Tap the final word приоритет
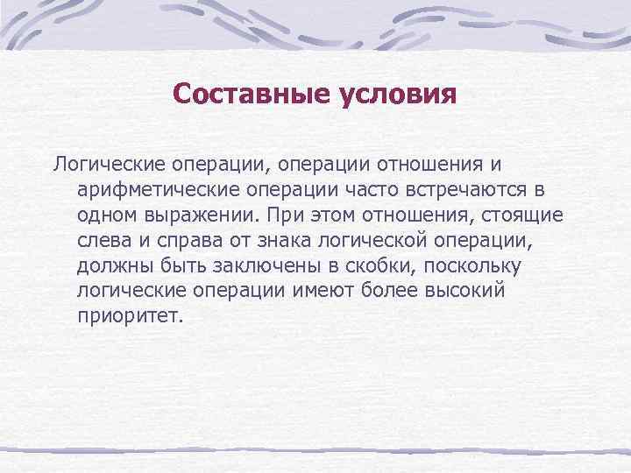131,315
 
